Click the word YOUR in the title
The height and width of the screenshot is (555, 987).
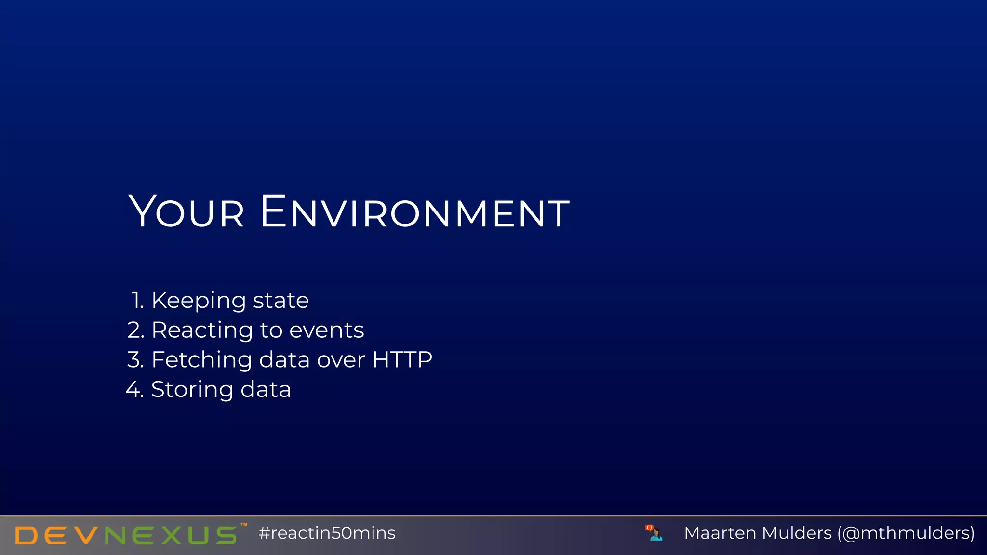[187, 212]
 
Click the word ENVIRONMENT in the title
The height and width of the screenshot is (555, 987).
[415, 212]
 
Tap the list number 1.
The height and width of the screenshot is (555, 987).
[137, 301]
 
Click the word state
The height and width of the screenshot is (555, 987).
[280, 301]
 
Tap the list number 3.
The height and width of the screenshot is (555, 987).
[135, 360]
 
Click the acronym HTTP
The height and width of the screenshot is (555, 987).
[402, 360]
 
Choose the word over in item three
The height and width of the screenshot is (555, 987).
[341, 360]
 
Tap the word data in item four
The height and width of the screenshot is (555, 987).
[266, 389]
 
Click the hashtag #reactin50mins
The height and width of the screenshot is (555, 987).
[327, 533]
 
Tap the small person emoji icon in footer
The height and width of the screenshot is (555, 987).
[654, 533]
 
